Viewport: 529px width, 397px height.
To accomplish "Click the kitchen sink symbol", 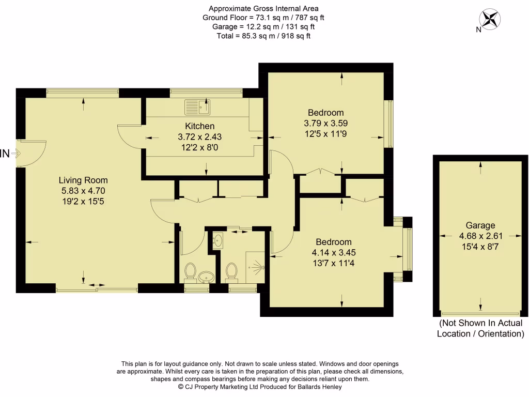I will (197, 108).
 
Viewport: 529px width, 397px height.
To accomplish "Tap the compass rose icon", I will (490, 19).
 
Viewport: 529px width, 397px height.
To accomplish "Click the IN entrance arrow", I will (15, 153).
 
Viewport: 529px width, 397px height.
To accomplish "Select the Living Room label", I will (83, 180).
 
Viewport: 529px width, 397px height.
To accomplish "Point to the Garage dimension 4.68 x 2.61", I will (480, 235).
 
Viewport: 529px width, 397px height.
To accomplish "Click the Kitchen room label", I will (200, 126).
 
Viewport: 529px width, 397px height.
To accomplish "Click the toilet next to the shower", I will (231, 271).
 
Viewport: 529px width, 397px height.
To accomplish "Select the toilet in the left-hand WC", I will (190, 271).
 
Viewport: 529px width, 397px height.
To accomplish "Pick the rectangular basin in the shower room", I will (217, 240).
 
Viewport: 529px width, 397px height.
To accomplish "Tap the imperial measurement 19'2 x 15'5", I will (83, 200).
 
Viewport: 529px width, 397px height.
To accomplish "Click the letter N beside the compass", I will (479, 29).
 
